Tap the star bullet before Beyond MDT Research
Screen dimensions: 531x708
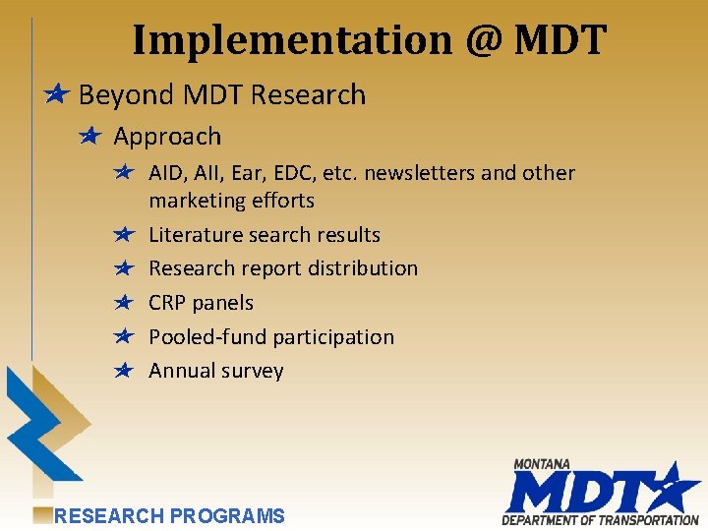tap(57, 94)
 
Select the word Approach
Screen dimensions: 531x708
tap(167, 137)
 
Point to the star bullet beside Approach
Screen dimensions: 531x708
tap(91, 136)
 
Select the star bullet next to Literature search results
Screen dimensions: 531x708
tap(123, 234)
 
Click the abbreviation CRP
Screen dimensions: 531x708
tap(167, 303)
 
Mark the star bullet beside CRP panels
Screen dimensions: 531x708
tap(123, 302)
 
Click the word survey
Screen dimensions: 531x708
tap(254, 371)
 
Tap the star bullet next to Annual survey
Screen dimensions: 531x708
tap(123, 370)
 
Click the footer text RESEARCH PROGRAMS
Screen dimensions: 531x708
tap(169, 515)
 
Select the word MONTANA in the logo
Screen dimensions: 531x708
tap(542, 464)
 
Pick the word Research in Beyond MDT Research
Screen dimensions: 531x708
tap(308, 95)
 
